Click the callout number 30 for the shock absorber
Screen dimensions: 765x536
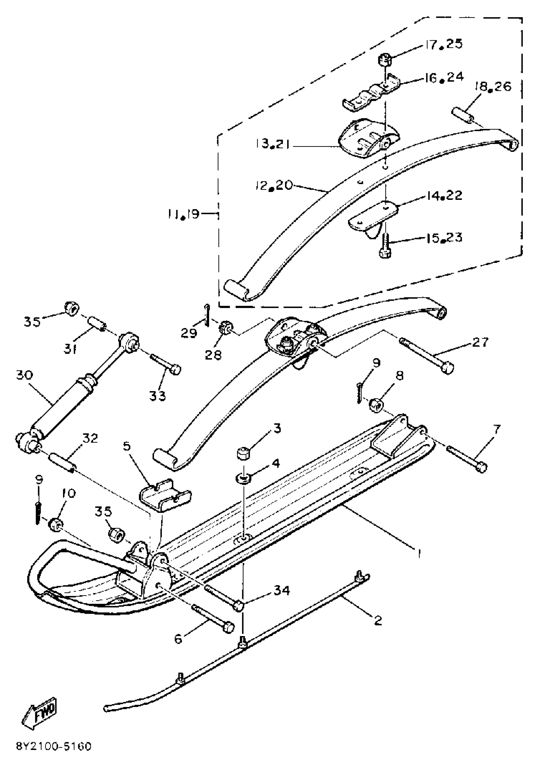(24, 375)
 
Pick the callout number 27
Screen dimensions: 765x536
(480, 342)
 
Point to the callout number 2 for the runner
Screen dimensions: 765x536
(378, 620)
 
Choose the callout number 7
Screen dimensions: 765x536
(496, 430)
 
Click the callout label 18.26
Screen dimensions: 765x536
(492, 87)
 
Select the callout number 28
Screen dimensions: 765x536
(213, 355)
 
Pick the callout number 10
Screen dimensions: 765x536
(68, 493)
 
